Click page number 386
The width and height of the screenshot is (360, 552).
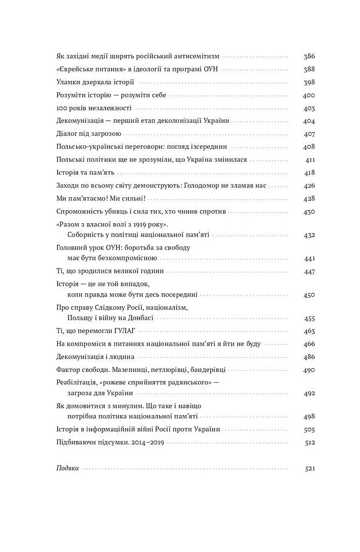309,56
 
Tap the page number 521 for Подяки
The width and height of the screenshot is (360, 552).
309,468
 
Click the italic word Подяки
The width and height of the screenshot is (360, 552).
68,468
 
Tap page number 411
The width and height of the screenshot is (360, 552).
309,160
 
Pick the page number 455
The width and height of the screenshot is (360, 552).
309,318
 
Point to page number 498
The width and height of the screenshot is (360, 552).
309,417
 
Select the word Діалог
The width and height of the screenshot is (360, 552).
67,134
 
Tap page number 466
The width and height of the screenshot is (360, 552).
309,344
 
